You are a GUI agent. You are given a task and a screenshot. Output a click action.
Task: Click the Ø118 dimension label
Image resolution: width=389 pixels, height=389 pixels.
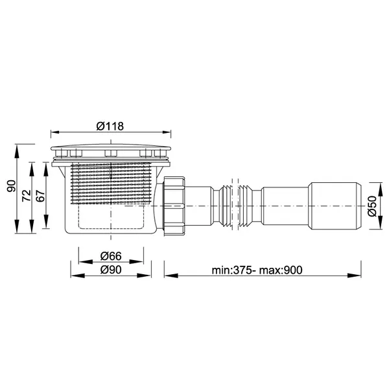pos(110,126)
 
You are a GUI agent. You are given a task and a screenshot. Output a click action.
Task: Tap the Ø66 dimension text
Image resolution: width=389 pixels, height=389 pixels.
pos(111,256)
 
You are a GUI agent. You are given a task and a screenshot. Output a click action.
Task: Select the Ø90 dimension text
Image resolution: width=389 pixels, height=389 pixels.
pos(111,270)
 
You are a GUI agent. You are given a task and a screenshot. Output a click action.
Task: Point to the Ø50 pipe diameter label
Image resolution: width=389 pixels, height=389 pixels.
pos(372,206)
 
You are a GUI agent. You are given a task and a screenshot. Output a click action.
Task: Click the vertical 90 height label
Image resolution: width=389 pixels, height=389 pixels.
pos(12,186)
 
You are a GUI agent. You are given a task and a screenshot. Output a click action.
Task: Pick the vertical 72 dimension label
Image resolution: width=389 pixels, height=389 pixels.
pos(27,196)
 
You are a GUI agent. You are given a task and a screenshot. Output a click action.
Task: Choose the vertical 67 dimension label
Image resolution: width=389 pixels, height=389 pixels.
pos(41,196)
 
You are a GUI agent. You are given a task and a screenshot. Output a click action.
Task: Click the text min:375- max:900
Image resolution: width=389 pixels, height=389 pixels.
pos(257,270)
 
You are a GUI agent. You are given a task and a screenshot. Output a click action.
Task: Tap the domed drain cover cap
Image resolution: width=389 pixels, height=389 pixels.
pos(111,147)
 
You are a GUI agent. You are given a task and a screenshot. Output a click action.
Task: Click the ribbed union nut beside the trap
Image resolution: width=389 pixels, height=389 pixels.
pos(174,206)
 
